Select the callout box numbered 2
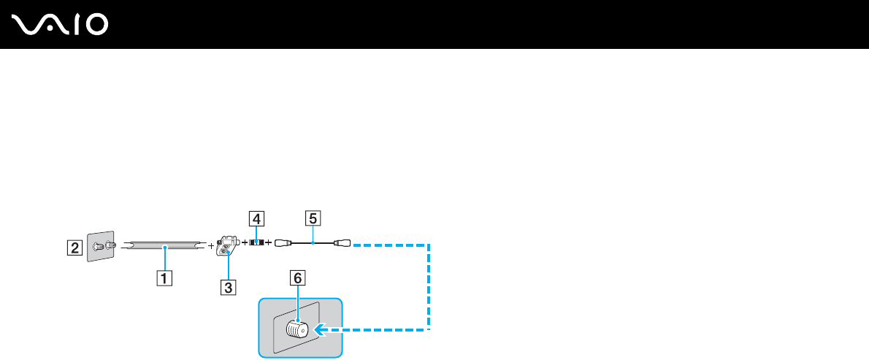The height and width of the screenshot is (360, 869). point(74,247)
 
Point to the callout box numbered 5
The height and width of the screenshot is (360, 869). point(313,218)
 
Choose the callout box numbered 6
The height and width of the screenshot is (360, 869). point(296,277)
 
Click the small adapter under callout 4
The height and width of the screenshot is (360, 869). point(256,241)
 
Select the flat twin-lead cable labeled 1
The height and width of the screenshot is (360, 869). point(164,247)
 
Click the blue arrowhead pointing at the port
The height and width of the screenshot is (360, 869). point(319,331)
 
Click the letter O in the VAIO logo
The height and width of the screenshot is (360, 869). point(95,26)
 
